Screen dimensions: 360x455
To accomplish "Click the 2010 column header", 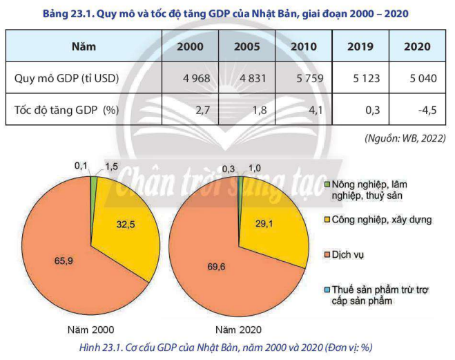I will click(x=304, y=47).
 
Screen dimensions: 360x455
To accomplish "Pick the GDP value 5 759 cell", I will click(x=304, y=79).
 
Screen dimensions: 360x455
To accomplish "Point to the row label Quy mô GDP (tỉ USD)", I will click(x=66, y=79).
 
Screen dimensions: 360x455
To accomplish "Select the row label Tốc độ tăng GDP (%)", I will click(x=66, y=109).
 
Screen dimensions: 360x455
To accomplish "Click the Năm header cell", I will click(x=84, y=47).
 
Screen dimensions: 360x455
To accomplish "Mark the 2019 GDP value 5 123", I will click(x=362, y=79).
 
